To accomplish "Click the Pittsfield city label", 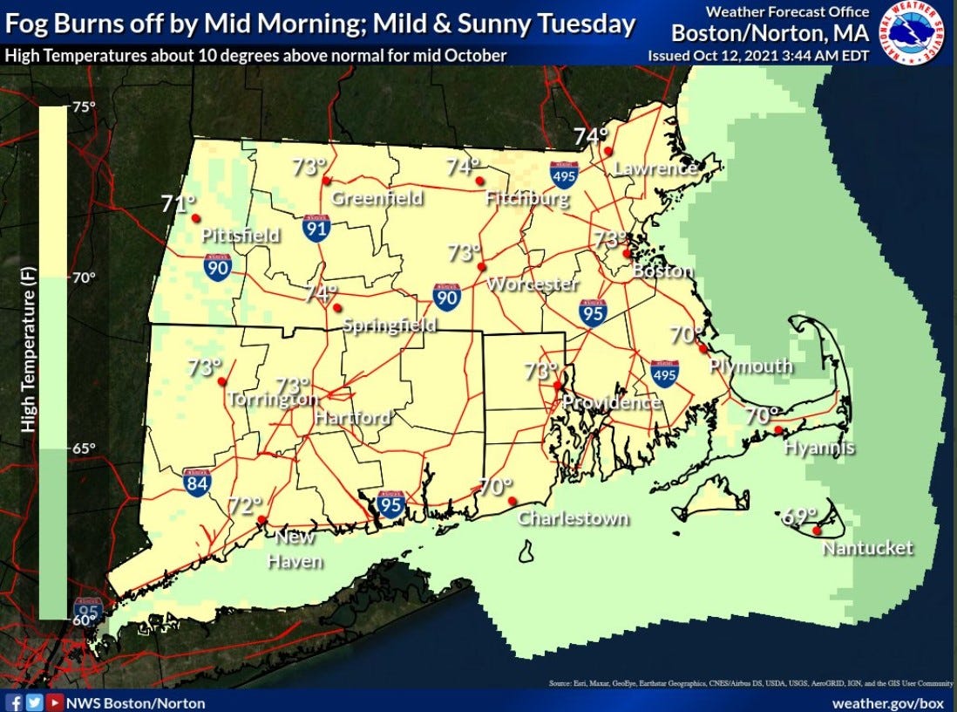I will pos(241,236).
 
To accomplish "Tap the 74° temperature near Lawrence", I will pos(590,136).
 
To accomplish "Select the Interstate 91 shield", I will pos(316,228).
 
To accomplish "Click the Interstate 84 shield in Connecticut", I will pos(196,482).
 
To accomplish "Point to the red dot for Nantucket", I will pos(817,531).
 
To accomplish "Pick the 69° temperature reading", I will pos(799,516).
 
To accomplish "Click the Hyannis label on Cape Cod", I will pos(818,448).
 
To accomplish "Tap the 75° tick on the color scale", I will pos(84,107).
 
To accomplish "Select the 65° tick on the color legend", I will pos(84,448).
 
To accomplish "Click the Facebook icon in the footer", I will pos(14,702).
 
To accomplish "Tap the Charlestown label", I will pos(573,518).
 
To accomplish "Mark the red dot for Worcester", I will pos(479,266).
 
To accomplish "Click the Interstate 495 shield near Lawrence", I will pos(564,176).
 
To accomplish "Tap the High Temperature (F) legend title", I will pos(29,362).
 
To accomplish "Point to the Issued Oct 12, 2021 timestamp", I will pos(757,56).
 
